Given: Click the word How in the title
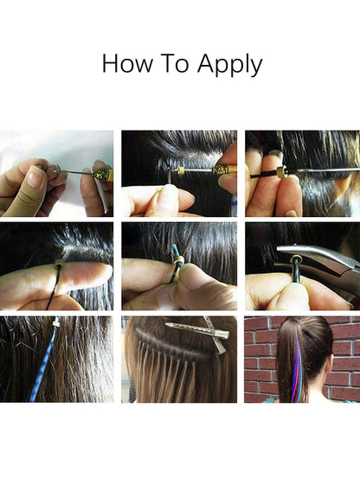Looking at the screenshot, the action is click(x=127, y=63).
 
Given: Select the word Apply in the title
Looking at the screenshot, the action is click(x=229, y=65).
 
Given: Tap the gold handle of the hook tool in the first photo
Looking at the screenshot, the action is click(x=103, y=174).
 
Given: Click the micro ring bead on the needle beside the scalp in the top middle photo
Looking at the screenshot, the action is click(x=182, y=170).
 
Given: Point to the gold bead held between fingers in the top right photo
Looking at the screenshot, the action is click(x=281, y=172).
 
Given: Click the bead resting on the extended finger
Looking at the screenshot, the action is click(x=59, y=264).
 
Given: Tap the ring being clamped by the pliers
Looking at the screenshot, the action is click(x=296, y=260).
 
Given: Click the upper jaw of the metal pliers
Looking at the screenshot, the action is click(x=315, y=255).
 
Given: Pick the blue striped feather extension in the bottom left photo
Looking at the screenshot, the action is click(x=45, y=365).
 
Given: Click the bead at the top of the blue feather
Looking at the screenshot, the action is click(x=56, y=322).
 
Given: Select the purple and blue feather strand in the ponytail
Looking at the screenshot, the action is click(x=296, y=370).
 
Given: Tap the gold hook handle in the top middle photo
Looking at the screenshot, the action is click(x=225, y=169).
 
